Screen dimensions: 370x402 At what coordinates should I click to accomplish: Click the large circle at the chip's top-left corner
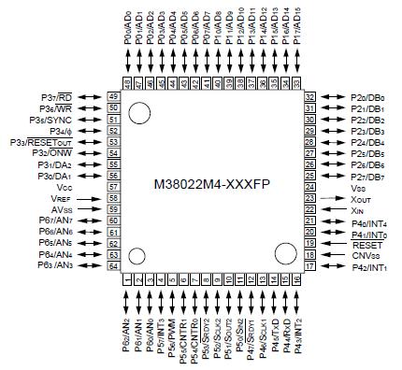tap(139, 113)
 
